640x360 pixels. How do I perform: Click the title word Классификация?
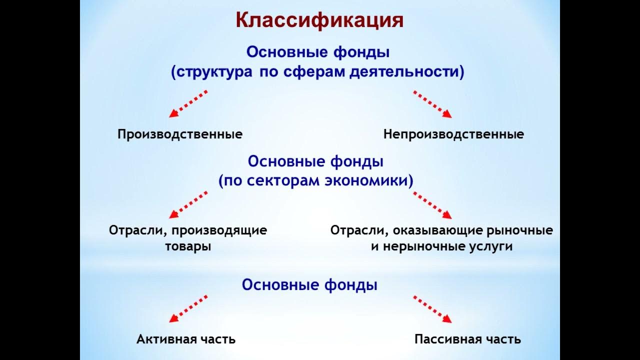[x=319, y=21]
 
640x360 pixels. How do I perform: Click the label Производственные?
[x=180, y=134]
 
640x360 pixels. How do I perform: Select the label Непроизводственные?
[x=453, y=134]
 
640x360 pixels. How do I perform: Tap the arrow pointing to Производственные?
[x=188, y=104]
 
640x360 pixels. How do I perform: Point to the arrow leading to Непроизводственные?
[x=432, y=104]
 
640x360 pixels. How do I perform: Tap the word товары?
[x=187, y=247]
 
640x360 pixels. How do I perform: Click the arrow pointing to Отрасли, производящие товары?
[x=188, y=204]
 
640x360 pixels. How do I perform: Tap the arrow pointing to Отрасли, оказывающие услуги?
[x=432, y=204]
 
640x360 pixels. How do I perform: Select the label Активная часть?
[x=186, y=339]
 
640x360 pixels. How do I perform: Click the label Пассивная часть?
[x=467, y=339]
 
